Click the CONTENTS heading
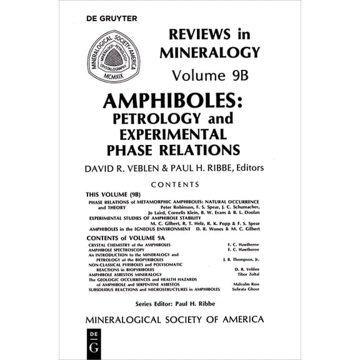(x=174, y=184)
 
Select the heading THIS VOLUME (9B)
(x=112, y=195)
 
